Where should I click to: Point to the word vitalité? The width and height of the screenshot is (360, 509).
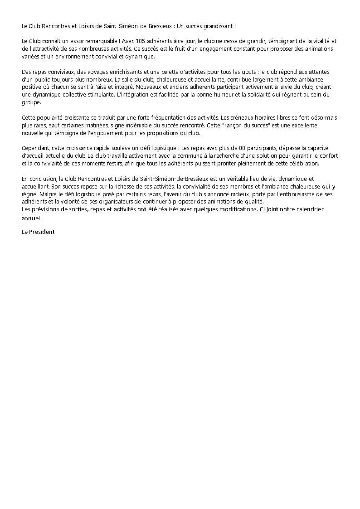click(x=317, y=41)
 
